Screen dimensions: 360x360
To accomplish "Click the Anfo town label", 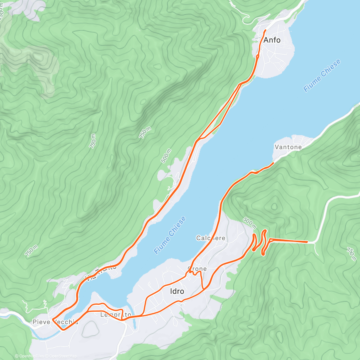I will click(272, 40).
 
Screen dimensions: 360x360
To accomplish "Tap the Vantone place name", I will click(288, 147).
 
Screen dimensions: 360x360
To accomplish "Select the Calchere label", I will click(211, 238).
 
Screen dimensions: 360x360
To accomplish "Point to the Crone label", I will click(197, 268).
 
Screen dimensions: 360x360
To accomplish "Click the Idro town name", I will click(177, 291).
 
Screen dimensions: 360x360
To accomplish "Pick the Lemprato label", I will click(115, 315).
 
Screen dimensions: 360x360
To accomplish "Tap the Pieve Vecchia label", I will click(55, 322).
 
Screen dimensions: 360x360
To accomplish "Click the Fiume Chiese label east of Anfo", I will click(322, 76).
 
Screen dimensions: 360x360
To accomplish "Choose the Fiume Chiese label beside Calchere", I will click(170, 235).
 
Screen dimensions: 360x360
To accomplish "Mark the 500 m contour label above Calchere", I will click(249, 223).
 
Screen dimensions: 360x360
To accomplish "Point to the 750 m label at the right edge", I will click(352, 254).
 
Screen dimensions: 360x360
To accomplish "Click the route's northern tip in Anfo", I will click(265, 30).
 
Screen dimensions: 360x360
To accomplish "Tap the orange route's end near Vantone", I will click(273, 163).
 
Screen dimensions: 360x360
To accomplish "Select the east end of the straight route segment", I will click(307, 241).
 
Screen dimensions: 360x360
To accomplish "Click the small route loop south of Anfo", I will click(258, 56).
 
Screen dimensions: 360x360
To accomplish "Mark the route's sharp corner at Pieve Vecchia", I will click(52, 319).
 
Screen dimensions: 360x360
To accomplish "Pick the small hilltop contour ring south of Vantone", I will click(274, 206).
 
